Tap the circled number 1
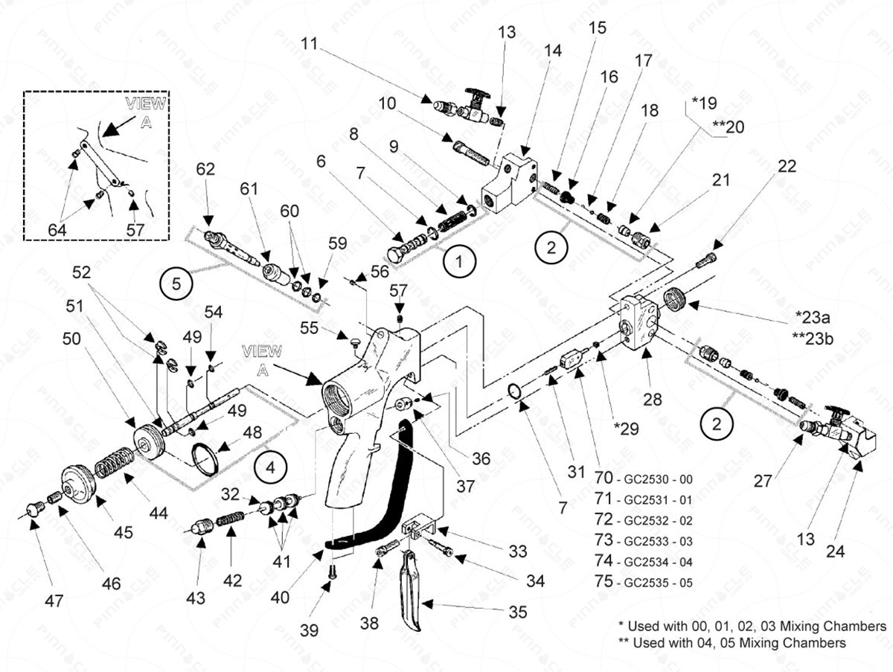(459, 261)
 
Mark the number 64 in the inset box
(57, 231)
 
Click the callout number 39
(309, 629)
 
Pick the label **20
(728, 127)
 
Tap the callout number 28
(653, 400)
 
